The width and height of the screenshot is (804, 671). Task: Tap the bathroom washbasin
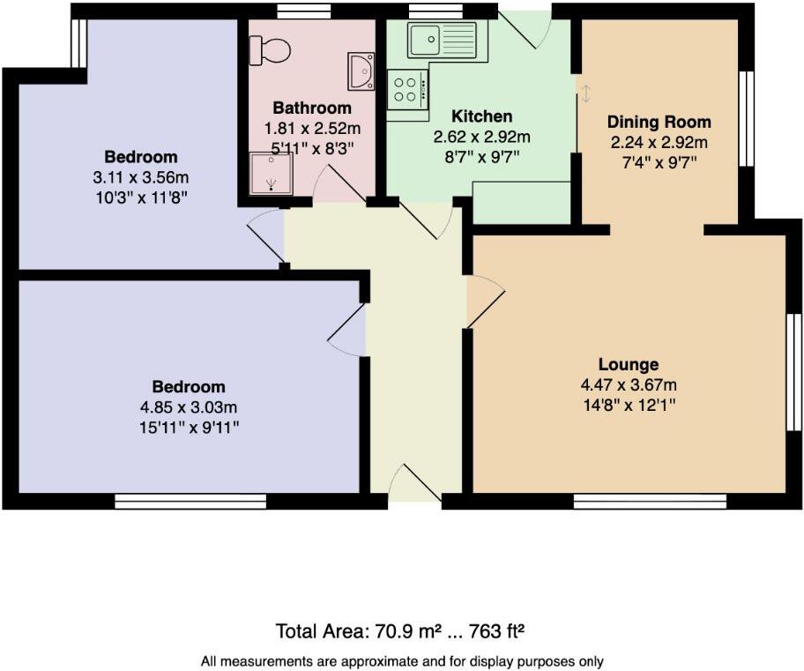[x=361, y=71]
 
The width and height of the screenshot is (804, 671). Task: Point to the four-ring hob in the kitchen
[x=407, y=88]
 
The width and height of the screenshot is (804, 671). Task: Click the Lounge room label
[x=629, y=364]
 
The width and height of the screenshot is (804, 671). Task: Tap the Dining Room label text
[x=659, y=122]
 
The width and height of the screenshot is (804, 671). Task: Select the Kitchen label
[x=481, y=116]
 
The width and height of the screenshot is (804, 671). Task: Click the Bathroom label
[x=311, y=108]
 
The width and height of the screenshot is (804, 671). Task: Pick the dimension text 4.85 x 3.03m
[x=188, y=407]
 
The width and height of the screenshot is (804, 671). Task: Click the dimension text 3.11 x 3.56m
[x=141, y=176]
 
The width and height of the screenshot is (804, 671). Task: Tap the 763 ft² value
[x=499, y=631]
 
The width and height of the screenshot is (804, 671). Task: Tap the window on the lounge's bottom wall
[x=650, y=501]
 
